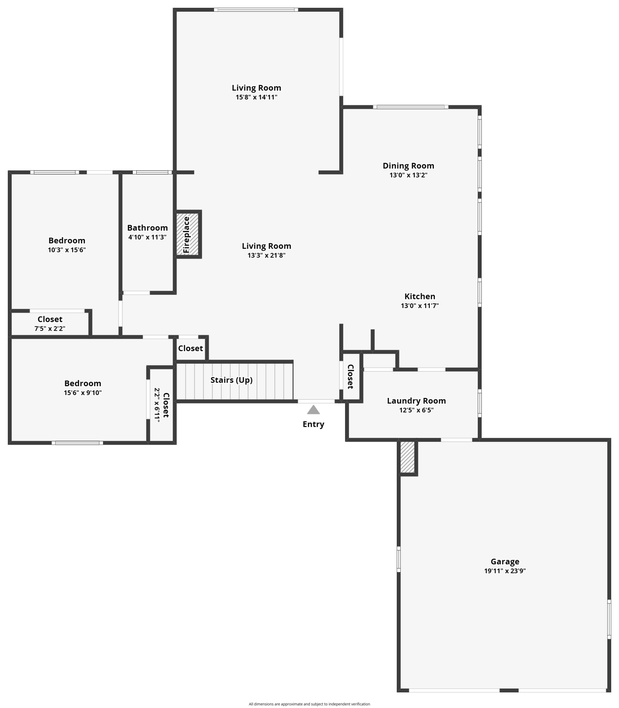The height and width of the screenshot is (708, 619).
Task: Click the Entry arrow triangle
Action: point(313,410)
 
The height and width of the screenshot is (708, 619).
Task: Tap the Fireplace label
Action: point(187,235)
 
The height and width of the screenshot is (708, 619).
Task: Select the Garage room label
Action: point(505,561)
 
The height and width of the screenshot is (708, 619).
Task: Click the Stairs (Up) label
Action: point(231,380)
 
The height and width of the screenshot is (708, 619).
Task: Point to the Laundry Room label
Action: point(416,401)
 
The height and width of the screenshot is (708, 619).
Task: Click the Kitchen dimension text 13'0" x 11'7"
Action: point(420,306)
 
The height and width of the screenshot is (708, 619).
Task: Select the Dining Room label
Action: point(408,166)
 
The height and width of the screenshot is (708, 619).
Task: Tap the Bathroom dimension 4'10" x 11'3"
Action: point(147,237)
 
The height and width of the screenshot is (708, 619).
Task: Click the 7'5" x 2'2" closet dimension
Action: point(50,329)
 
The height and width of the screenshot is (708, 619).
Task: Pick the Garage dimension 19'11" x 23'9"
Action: point(505,571)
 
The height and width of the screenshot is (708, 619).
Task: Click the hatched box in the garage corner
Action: point(407,457)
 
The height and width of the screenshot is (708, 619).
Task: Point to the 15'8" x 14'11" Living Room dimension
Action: point(257,97)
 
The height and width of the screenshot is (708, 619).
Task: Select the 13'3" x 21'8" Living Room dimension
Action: point(266,256)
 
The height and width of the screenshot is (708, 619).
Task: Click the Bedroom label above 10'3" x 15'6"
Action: point(67,241)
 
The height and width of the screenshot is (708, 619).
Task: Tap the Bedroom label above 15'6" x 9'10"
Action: point(83,383)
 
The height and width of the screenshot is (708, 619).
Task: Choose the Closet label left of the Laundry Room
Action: point(350,377)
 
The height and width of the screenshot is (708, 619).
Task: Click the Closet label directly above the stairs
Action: point(190,348)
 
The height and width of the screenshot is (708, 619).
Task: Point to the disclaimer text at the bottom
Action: point(309,704)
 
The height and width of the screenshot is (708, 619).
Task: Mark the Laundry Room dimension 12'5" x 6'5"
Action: point(416,410)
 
